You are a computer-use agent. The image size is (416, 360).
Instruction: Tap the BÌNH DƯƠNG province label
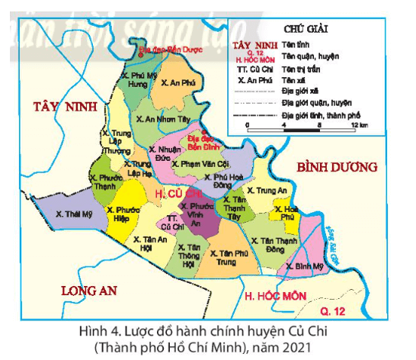pos(336,166)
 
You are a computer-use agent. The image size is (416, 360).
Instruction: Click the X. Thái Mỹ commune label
pos(73,215)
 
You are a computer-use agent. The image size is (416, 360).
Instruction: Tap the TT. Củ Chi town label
pos(172,223)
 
